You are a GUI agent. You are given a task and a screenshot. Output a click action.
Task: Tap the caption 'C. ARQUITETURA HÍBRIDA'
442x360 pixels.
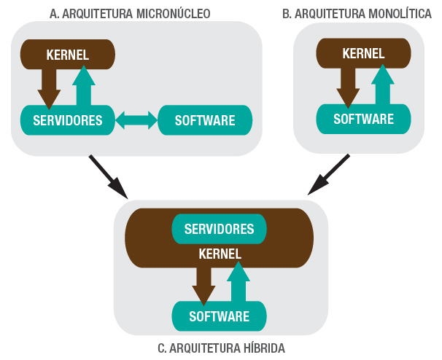click(221, 348)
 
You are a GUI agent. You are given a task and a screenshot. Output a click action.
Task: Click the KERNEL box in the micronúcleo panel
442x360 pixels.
click(67, 54)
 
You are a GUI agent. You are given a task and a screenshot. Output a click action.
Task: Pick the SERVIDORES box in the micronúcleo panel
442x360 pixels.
click(67, 120)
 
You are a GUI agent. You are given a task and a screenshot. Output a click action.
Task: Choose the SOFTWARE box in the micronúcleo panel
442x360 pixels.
click(205, 120)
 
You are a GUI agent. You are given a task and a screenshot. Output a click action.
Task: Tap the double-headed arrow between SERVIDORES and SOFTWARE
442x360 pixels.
click(136, 120)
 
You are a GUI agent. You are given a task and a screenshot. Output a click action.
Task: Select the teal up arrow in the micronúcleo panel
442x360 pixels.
click(85, 86)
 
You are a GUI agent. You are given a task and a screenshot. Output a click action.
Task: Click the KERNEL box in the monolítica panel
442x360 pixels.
click(363, 54)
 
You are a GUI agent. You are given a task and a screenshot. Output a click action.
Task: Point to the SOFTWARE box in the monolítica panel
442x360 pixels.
click(363, 119)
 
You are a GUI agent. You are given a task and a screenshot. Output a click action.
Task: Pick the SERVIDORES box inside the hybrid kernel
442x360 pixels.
click(219, 229)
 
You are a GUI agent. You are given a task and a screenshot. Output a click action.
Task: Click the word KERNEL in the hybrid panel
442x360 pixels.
click(220, 254)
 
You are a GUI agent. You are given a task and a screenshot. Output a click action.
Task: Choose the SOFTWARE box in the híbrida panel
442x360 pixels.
click(219, 316)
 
